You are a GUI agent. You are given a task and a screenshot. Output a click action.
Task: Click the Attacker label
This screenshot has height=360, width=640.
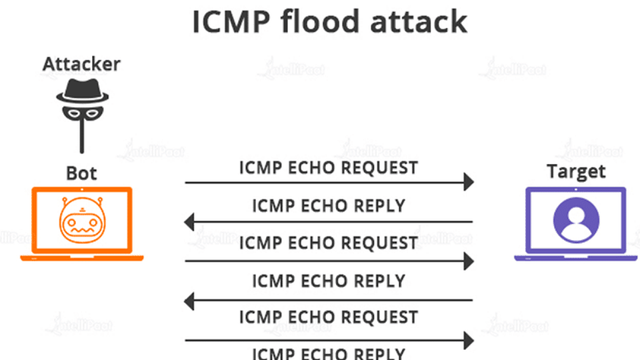(x=81, y=64)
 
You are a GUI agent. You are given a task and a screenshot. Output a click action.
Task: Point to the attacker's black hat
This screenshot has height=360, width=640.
(x=82, y=91)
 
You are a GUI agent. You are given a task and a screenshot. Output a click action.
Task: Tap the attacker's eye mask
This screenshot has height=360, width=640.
(x=82, y=113)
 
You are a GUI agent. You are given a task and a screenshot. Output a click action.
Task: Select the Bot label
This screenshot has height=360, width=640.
(x=81, y=173)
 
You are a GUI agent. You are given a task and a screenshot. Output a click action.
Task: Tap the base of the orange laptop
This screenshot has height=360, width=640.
(x=81, y=257)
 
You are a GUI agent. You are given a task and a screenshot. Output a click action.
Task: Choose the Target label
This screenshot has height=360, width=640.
(x=576, y=171)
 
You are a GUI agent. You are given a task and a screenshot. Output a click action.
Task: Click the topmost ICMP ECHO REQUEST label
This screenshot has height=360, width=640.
(x=328, y=167)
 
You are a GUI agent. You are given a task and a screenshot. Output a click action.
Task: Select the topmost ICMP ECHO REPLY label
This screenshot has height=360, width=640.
(x=328, y=206)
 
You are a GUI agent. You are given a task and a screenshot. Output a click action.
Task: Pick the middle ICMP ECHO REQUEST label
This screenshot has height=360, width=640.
(x=328, y=243)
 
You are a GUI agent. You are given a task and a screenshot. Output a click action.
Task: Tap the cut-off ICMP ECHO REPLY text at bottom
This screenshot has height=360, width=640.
(x=328, y=353)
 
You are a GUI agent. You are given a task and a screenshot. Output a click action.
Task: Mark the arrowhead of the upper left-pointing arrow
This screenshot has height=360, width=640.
(x=191, y=221)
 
